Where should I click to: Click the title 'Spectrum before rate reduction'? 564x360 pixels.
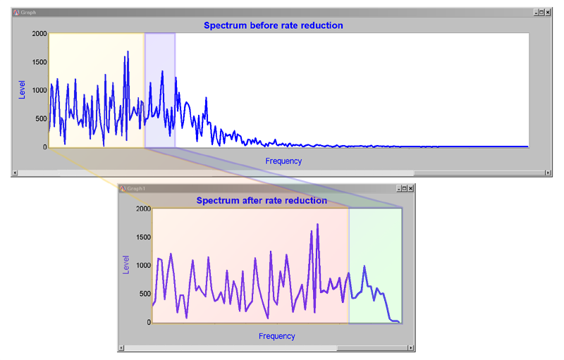click(274, 25)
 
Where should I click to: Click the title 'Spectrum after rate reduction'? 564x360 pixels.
click(262, 201)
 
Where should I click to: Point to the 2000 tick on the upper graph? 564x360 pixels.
click(39, 34)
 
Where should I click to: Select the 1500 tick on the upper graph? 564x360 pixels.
click(39, 62)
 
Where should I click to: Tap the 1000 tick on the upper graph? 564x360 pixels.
click(39, 90)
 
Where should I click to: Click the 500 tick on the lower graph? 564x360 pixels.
click(143, 294)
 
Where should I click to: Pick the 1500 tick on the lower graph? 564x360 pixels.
click(142, 237)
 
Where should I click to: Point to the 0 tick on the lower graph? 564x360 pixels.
click(147, 323)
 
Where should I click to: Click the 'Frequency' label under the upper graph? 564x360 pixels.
click(283, 161)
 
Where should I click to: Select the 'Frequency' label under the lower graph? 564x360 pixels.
click(276, 336)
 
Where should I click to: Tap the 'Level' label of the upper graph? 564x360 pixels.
click(22, 90)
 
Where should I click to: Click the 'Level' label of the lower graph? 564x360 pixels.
click(126, 266)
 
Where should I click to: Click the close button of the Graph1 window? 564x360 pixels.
click(411, 189)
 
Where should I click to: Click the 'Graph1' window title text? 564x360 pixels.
click(135, 189)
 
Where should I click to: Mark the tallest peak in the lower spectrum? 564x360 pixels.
click(318, 225)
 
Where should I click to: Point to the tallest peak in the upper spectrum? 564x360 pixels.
click(128, 51)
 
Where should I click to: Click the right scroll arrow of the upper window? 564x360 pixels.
click(548, 173)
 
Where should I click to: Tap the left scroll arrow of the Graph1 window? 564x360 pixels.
click(122, 347)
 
